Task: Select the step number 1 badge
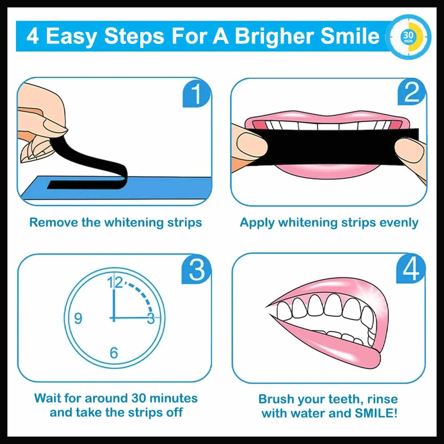pos(196,95)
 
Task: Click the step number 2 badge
pos(411,94)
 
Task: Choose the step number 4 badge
pos(411,270)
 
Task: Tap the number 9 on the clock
pos(78,318)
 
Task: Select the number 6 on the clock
pos(114,353)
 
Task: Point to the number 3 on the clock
pos(151,318)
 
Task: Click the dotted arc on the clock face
pos(142,293)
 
